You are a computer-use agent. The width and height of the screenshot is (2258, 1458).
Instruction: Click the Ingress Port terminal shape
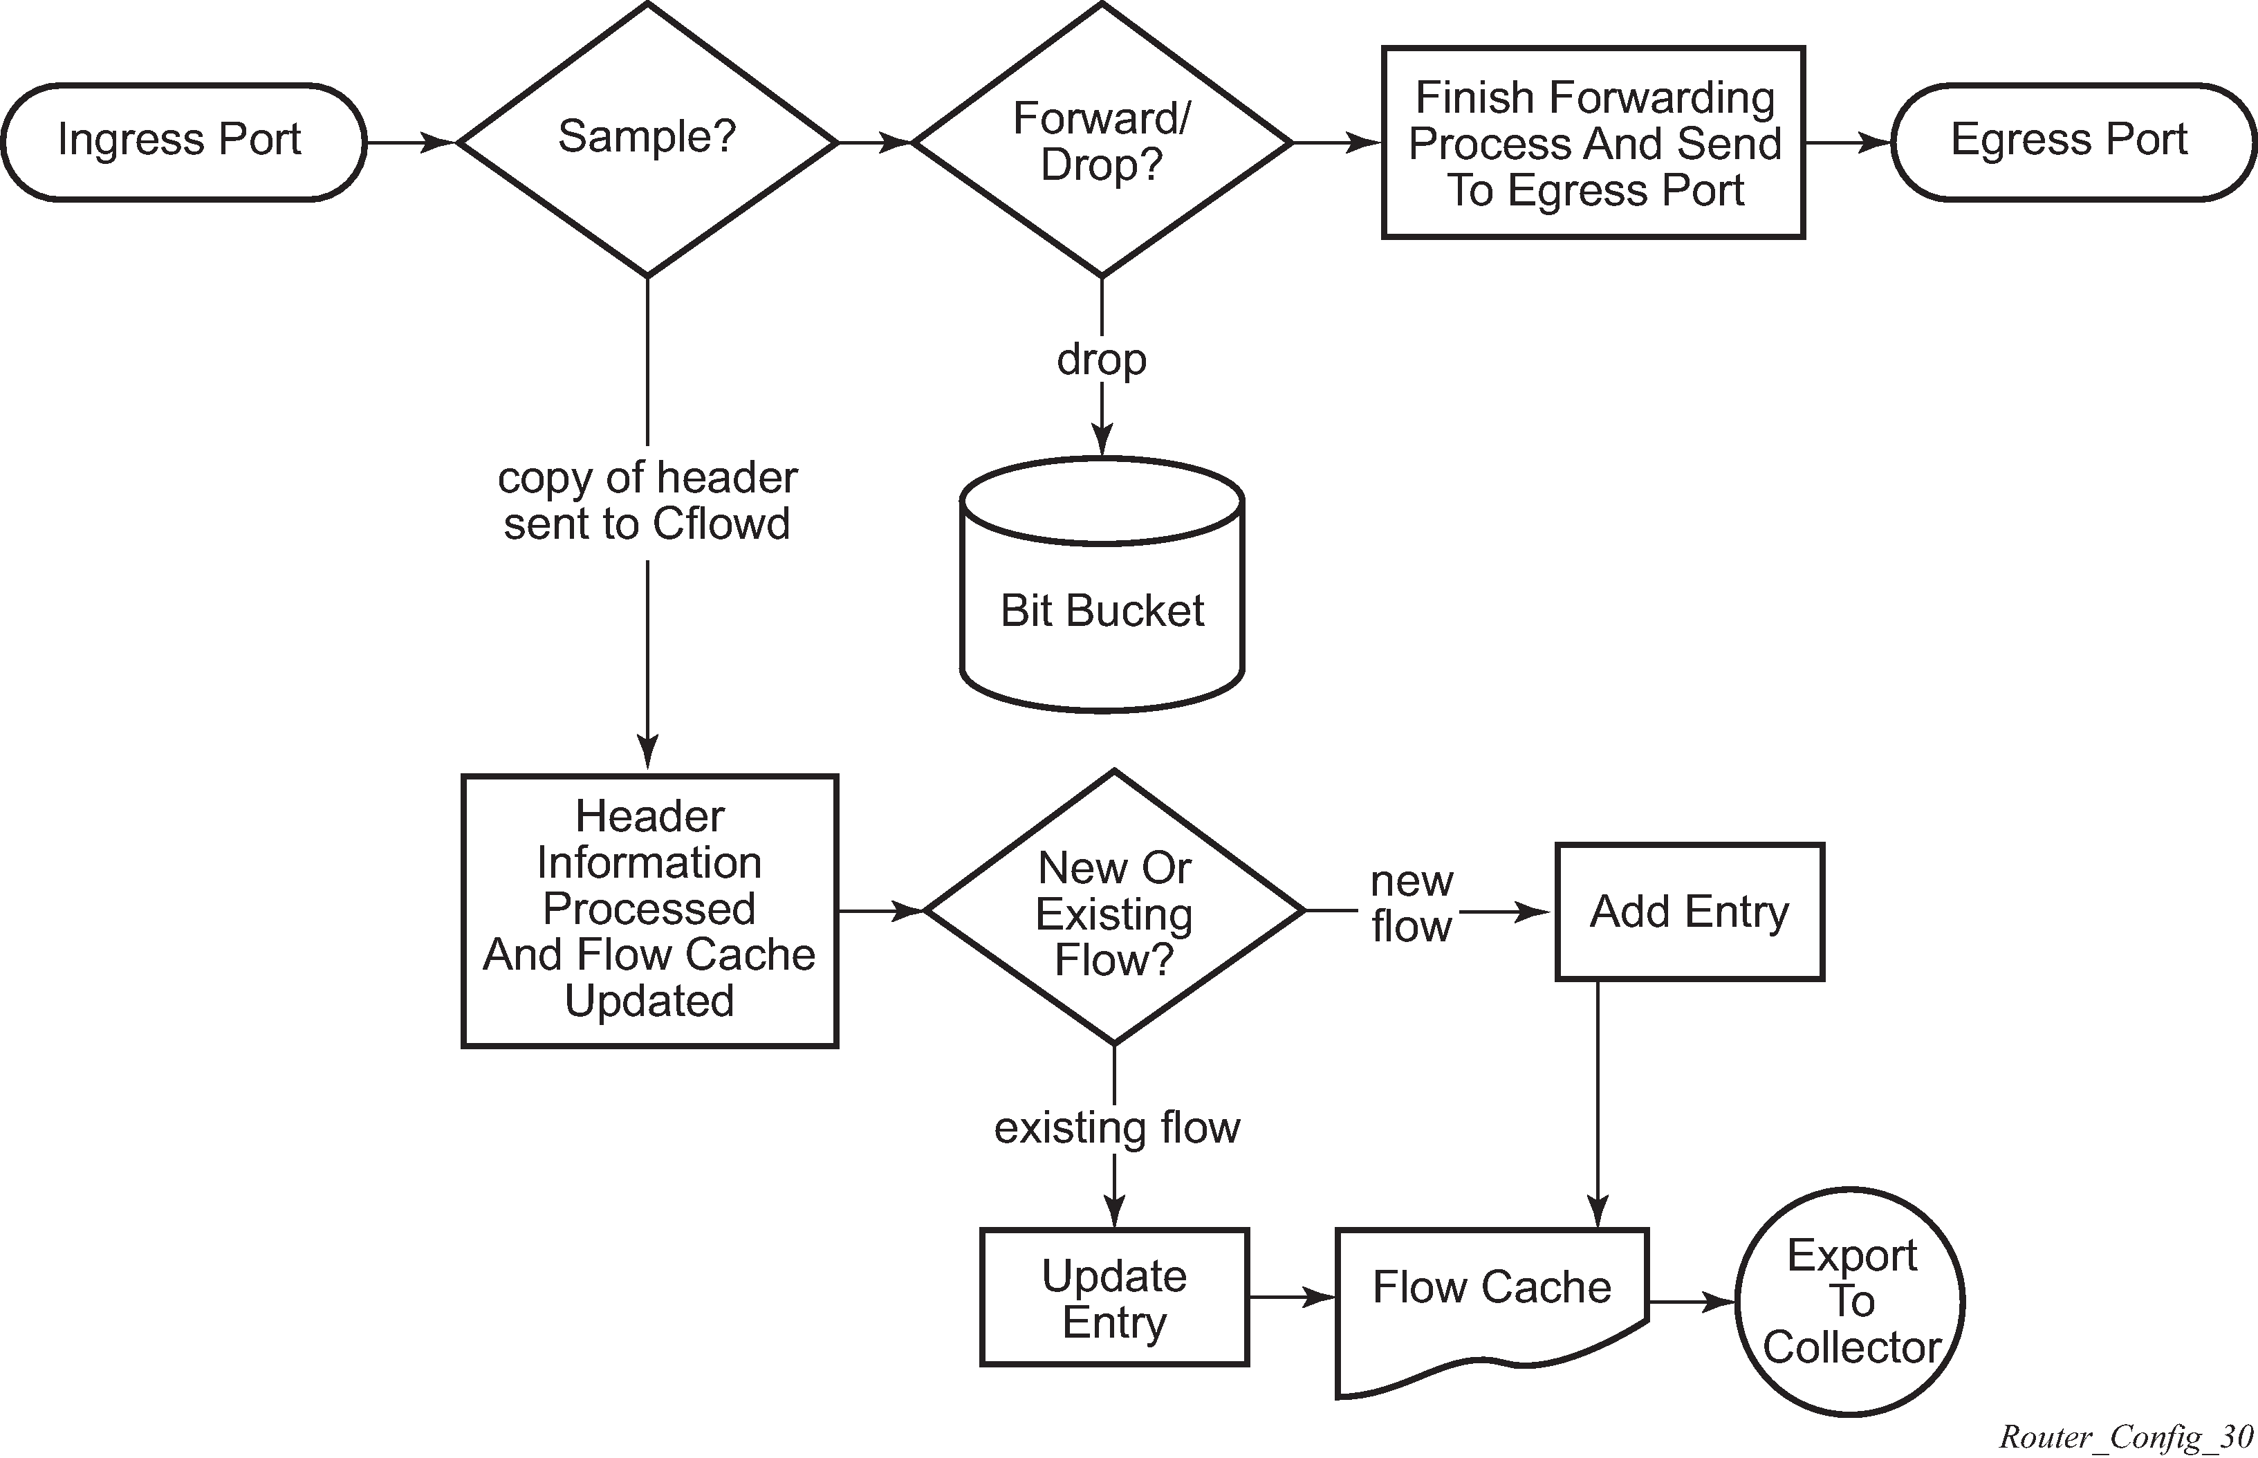[183, 142]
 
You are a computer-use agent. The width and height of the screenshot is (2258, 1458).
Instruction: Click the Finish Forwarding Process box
[1593, 143]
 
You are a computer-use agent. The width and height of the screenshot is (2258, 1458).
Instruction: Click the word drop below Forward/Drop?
[1102, 360]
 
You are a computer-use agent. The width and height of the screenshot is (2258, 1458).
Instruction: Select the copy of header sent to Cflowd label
[647, 501]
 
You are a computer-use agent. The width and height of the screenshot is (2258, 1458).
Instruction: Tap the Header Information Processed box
[649, 911]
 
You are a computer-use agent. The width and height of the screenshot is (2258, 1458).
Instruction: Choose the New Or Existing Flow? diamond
[1114, 911]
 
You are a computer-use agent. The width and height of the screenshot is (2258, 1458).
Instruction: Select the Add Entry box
[1690, 912]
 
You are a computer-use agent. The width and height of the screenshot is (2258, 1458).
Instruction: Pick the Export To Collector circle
[1850, 1302]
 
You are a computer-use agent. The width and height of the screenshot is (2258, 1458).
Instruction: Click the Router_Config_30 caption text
[2125, 1437]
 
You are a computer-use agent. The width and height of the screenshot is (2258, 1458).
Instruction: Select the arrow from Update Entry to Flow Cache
[1292, 1297]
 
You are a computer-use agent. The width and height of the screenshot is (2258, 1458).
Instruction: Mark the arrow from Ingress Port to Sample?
[411, 143]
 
